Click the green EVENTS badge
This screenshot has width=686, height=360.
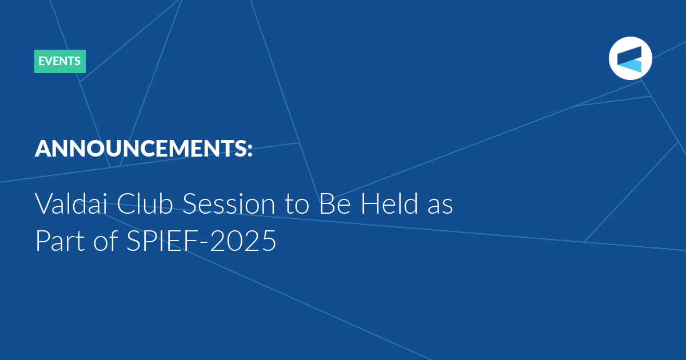[x=60, y=61]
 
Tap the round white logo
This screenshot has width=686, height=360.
[x=630, y=58]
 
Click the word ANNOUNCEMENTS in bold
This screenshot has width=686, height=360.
[x=140, y=149]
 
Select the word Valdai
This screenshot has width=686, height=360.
[x=71, y=203]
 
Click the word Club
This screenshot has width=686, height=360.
[x=145, y=203]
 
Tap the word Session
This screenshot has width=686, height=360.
[x=229, y=203]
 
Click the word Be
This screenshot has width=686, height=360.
[x=335, y=203]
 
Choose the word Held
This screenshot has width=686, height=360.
[x=389, y=203]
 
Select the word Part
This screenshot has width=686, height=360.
[x=60, y=241]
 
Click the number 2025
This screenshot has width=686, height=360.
[x=243, y=241]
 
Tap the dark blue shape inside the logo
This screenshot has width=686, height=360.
[x=629, y=55]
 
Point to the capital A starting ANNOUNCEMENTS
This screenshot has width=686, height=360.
[x=44, y=149]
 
